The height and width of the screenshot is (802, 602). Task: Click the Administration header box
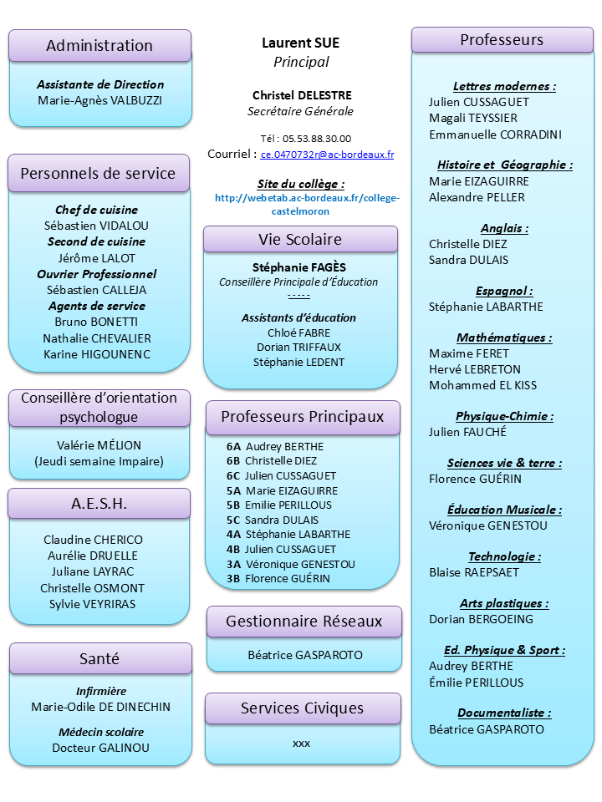click(99, 46)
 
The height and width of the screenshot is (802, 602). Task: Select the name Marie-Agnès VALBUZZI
click(100, 100)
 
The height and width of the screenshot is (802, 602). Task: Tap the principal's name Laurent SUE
click(301, 43)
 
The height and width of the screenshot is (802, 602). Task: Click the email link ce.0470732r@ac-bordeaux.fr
click(327, 155)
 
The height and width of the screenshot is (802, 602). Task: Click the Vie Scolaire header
click(300, 240)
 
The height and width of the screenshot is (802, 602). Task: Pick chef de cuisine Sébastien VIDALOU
click(96, 226)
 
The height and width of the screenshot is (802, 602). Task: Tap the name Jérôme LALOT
click(96, 258)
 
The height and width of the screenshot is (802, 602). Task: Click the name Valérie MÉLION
click(99, 445)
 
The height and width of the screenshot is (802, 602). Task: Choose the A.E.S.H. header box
click(99, 503)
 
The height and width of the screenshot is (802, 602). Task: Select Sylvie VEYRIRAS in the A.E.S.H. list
click(92, 604)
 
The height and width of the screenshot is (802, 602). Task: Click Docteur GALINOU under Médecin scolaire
click(100, 748)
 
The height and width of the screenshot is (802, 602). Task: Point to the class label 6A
click(233, 447)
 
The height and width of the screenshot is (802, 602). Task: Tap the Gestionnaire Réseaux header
click(304, 622)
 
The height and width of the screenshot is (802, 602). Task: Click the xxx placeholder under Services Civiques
click(301, 743)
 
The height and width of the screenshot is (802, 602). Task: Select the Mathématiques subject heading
click(504, 338)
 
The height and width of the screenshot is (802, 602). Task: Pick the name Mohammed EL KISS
click(482, 385)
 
